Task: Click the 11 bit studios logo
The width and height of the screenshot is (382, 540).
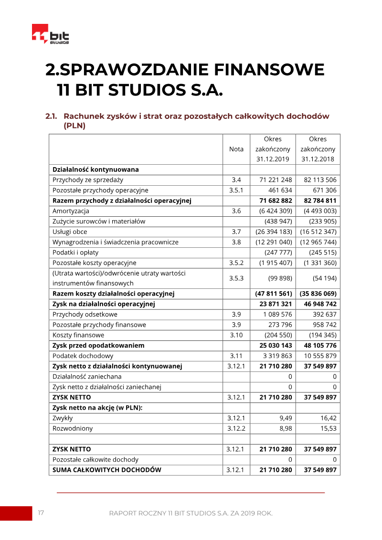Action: (50, 34)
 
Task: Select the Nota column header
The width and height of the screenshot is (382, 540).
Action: (236, 149)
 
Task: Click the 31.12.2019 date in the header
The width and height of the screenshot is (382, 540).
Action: (273, 159)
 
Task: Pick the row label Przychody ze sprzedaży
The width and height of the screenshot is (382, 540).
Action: (88, 180)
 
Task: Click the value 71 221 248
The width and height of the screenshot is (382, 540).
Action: (276, 180)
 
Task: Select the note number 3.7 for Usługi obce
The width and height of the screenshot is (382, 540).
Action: (236, 232)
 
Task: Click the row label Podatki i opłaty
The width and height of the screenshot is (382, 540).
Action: (75, 253)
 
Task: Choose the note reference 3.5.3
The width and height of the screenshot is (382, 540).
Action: (236, 278)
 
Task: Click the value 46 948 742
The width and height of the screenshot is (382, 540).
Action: (318, 304)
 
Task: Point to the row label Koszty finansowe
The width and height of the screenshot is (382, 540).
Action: (78, 335)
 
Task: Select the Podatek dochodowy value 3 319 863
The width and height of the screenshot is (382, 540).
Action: (276, 356)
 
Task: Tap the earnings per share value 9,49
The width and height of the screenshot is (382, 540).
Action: (286, 418)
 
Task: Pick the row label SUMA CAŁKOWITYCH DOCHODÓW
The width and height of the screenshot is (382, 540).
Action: (107, 470)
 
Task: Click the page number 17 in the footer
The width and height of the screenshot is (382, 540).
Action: (41, 513)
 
